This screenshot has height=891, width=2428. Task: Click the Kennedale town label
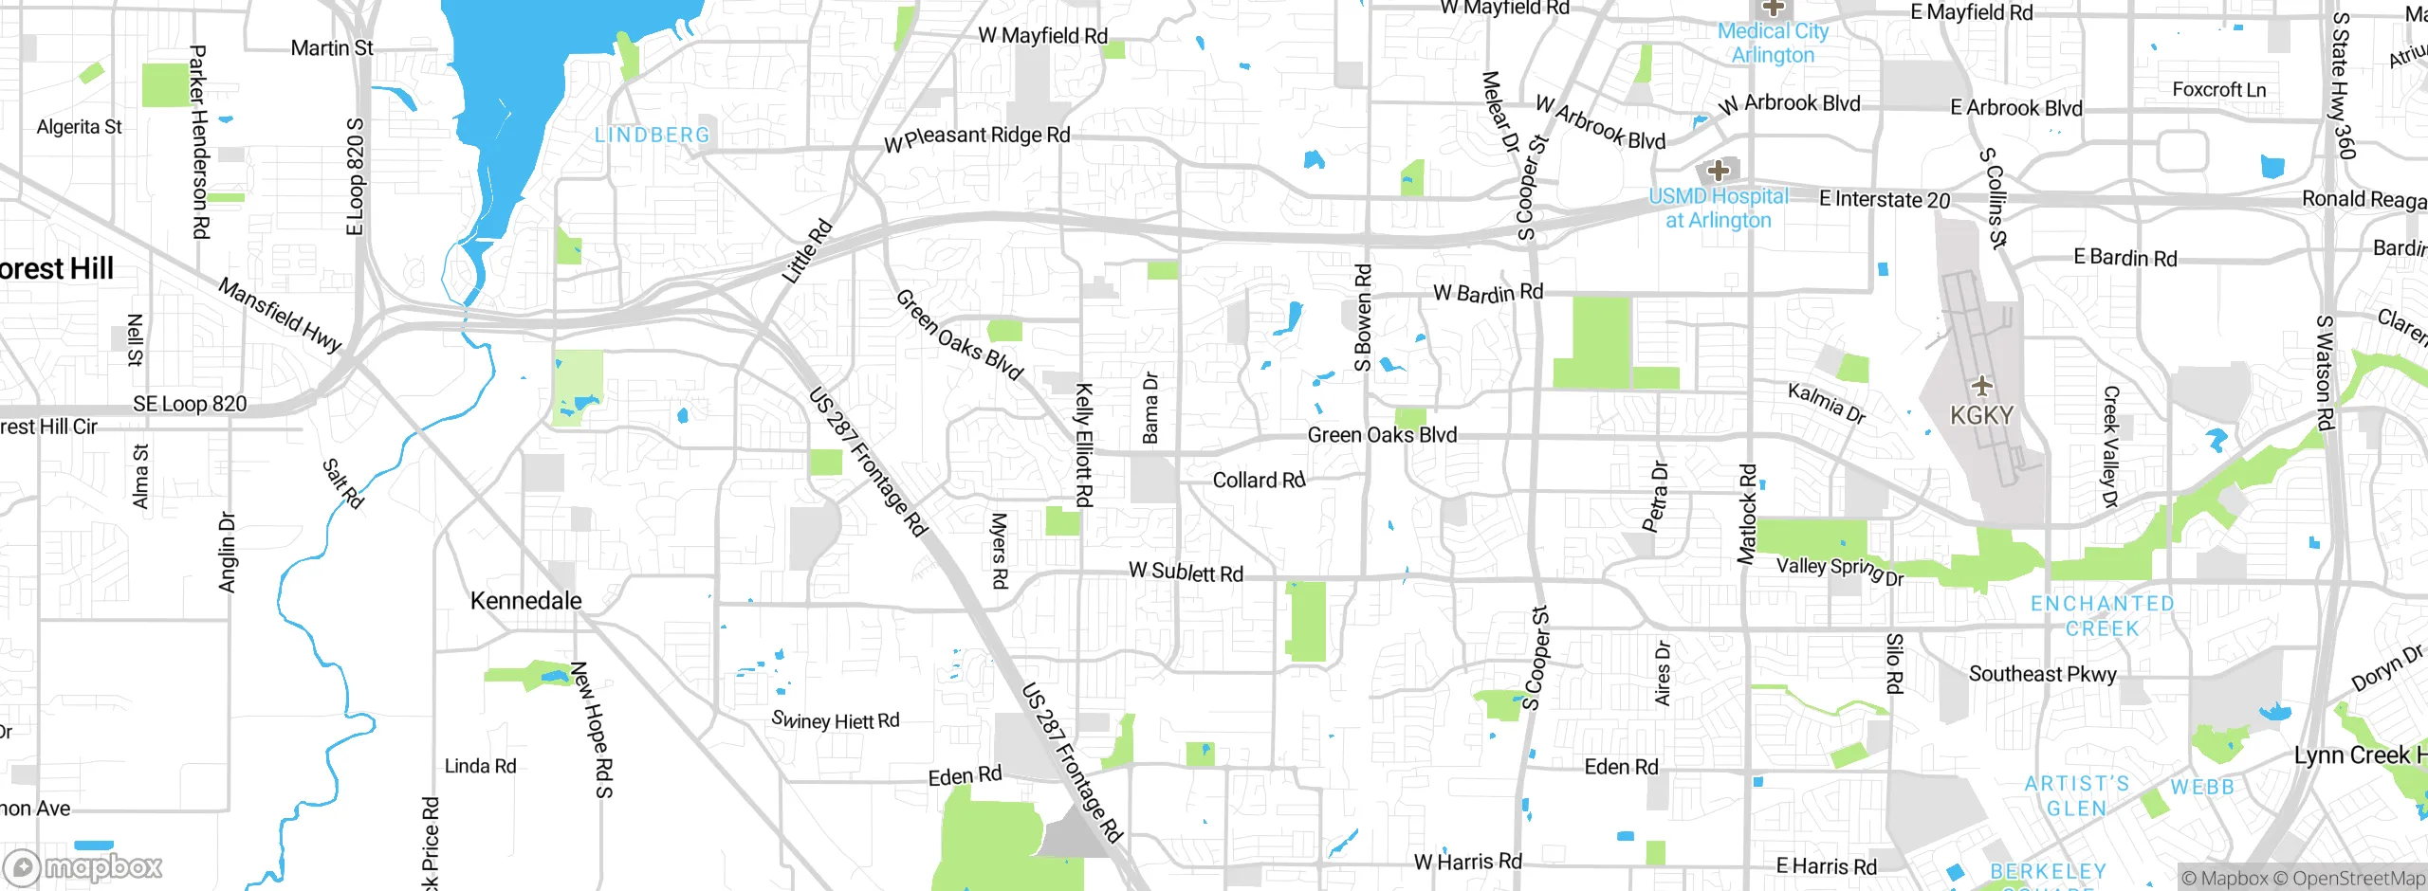tap(525, 601)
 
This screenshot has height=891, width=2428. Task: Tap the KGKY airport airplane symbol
tap(1981, 386)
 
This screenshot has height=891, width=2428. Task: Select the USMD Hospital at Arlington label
tap(1718, 209)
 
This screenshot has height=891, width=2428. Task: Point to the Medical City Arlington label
tap(1773, 43)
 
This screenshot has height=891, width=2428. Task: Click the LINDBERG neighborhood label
tap(653, 136)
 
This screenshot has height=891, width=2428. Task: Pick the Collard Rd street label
tap(1259, 481)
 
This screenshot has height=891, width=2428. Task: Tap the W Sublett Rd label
tap(1186, 573)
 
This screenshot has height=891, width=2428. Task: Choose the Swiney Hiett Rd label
tap(836, 720)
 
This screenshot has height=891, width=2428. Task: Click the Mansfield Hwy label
tap(280, 315)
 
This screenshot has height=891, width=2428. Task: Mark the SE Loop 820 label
tap(190, 404)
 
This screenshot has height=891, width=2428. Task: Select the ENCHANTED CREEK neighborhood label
tap(2102, 616)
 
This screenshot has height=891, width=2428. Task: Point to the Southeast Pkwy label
tap(2042, 674)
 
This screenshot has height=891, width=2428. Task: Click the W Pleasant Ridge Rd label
tap(977, 138)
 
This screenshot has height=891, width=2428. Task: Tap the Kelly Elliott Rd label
tap(1084, 445)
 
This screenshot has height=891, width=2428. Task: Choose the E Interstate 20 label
tap(1884, 200)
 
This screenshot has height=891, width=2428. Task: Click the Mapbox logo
tap(83, 867)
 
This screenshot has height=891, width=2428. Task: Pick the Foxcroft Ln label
tap(2219, 90)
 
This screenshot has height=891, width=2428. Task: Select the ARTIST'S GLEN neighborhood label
tap(2076, 796)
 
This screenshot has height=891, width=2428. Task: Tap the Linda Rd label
tap(480, 766)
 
